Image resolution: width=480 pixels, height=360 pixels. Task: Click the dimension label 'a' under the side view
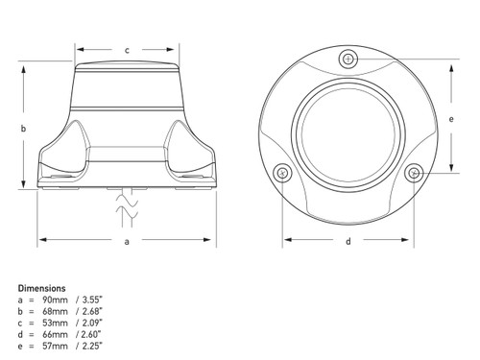coord(127,241)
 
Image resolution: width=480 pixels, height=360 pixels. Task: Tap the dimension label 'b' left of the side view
coord(23,129)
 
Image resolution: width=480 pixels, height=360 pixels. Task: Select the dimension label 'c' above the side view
coord(127,50)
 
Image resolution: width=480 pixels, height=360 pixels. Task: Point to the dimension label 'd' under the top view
coord(348,241)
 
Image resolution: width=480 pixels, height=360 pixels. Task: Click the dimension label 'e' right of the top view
coord(451,119)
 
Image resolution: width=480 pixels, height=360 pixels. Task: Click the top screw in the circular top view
coord(348,59)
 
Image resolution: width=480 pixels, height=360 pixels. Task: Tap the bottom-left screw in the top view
coord(282,173)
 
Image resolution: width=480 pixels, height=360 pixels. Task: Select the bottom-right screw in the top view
coord(414,173)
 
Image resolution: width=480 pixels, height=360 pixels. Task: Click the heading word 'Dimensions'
coord(41,288)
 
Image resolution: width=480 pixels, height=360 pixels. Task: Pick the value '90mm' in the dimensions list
coord(55,300)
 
